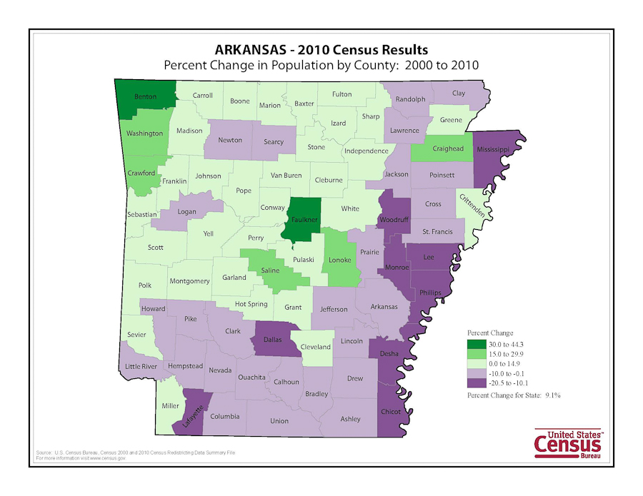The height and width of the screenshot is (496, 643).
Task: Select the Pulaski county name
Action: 304,260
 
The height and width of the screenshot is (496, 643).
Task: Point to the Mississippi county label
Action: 493,150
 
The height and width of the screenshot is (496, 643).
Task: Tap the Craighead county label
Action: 448,148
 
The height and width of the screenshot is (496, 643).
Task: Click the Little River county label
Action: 141,366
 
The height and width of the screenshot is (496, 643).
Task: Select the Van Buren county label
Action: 286,176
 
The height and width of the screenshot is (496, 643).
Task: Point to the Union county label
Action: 279,420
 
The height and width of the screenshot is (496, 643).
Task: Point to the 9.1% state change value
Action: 552,395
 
